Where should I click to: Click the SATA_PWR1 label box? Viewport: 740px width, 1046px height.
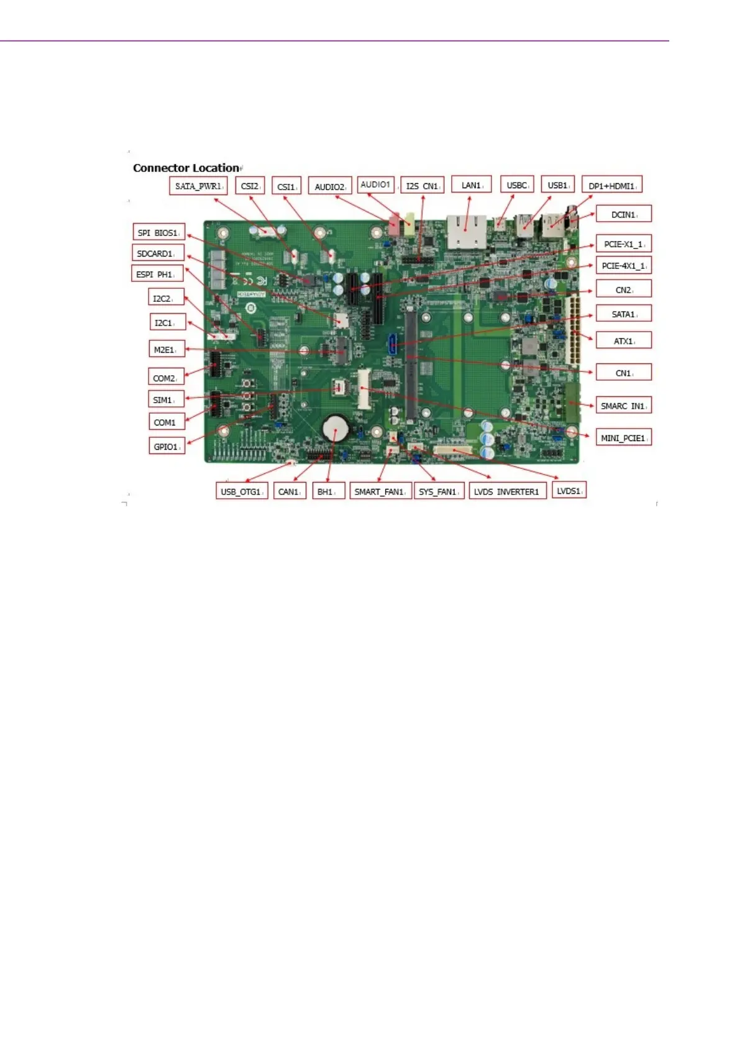click(198, 185)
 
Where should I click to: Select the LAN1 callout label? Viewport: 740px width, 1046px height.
click(471, 184)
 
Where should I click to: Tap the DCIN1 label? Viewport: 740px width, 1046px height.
click(623, 214)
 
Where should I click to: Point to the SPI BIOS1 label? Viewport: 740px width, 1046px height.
click(158, 232)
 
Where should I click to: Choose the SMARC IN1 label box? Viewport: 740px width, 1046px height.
click(623, 406)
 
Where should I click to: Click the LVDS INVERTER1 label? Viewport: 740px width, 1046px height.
click(508, 491)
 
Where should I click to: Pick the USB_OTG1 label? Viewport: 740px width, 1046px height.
click(242, 491)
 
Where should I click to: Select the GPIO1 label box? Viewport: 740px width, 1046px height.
click(167, 446)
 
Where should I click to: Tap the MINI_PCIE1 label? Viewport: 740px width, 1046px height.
click(623, 437)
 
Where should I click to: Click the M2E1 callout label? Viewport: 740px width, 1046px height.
click(166, 349)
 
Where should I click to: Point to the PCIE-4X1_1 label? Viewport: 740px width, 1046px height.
click(623, 265)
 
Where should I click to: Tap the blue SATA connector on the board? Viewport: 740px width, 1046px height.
click(392, 345)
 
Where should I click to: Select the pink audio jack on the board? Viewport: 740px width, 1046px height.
click(394, 226)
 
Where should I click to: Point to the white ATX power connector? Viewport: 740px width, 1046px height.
click(572, 330)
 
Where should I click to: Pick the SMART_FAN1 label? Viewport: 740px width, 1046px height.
click(380, 491)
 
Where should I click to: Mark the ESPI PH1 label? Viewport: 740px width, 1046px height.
click(157, 273)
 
